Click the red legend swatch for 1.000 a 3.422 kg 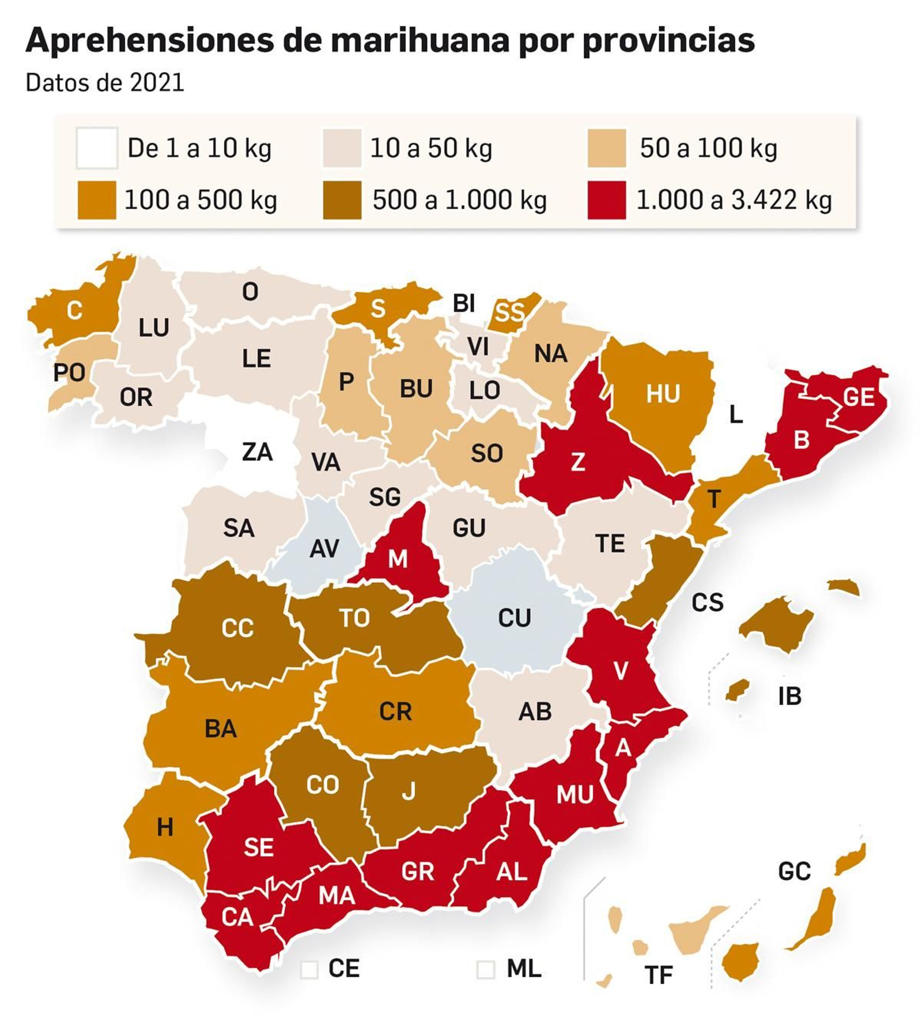tap(606, 199)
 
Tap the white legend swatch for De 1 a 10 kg tap(97, 148)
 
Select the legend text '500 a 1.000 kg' tap(459, 200)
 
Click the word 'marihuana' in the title tap(420, 40)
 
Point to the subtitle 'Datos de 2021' tap(104, 82)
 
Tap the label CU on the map tap(514, 617)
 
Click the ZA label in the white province tap(256, 451)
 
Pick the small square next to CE tap(309, 969)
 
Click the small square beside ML tap(485, 969)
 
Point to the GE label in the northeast tap(859, 397)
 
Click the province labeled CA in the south tap(237, 917)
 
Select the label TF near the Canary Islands tap(658, 975)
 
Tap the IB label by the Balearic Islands tap(789, 696)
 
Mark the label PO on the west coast tap(69, 372)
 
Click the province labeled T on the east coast tap(713, 499)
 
